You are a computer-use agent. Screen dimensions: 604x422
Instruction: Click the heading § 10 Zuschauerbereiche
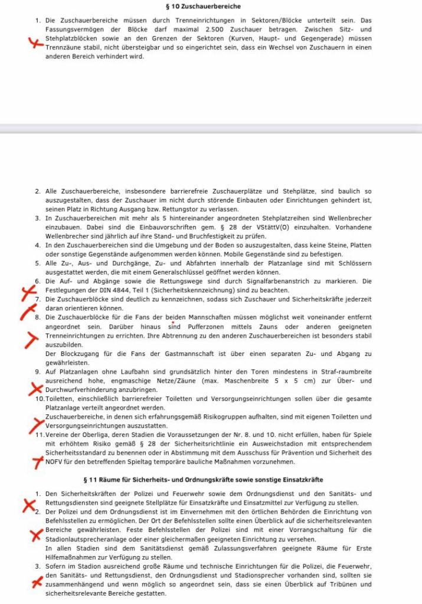pos(210,6)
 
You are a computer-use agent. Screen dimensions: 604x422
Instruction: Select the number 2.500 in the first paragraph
pos(206,28)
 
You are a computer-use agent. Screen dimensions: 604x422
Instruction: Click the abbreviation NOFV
pos(55,462)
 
